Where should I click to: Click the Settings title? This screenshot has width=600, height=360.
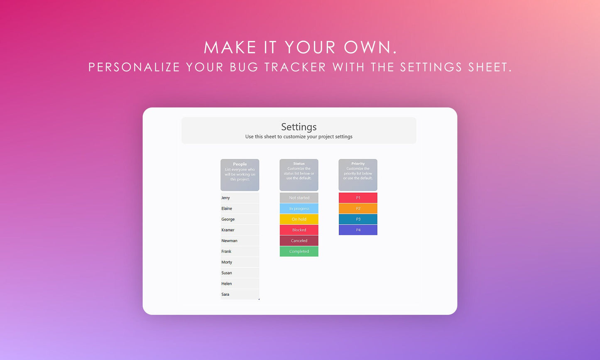click(x=299, y=127)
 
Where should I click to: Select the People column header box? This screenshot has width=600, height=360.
click(x=240, y=175)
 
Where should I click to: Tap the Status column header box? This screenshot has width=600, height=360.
click(x=299, y=175)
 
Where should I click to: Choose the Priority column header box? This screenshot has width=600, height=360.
click(x=358, y=175)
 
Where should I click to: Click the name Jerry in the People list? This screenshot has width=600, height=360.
click(x=226, y=198)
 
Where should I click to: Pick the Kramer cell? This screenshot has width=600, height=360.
click(x=228, y=230)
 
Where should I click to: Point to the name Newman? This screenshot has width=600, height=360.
click(x=230, y=241)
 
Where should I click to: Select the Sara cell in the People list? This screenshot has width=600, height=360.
click(x=225, y=294)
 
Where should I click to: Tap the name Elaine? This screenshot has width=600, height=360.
click(x=227, y=209)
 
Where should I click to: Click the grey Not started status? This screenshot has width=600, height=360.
click(x=299, y=198)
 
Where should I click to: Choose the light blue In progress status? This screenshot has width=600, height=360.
click(x=299, y=208)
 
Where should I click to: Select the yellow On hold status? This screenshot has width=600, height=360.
click(x=299, y=219)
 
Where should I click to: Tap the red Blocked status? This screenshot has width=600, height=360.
click(x=299, y=230)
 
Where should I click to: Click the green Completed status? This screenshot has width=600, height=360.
click(x=299, y=252)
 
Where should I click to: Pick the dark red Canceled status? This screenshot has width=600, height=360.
click(x=299, y=241)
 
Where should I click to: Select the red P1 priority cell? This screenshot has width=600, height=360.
click(x=358, y=198)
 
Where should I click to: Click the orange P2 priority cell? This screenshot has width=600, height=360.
click(x=358, y=208)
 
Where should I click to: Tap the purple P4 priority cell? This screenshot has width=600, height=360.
click(x=358, y=230)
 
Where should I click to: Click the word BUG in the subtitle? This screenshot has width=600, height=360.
click(x=244, y=67)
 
